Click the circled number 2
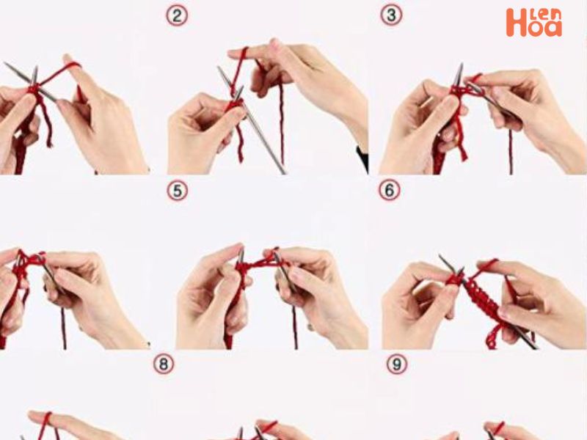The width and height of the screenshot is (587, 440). [176, 15]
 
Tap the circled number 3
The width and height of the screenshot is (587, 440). [391, 15]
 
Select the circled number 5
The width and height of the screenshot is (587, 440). [176, 191]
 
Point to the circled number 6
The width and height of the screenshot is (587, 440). [389, 191]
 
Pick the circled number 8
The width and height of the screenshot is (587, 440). [163, 363]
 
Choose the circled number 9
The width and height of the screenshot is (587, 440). [397, 363]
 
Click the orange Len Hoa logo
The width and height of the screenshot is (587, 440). [533, 23]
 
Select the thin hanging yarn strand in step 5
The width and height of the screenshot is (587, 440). [294, 326]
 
